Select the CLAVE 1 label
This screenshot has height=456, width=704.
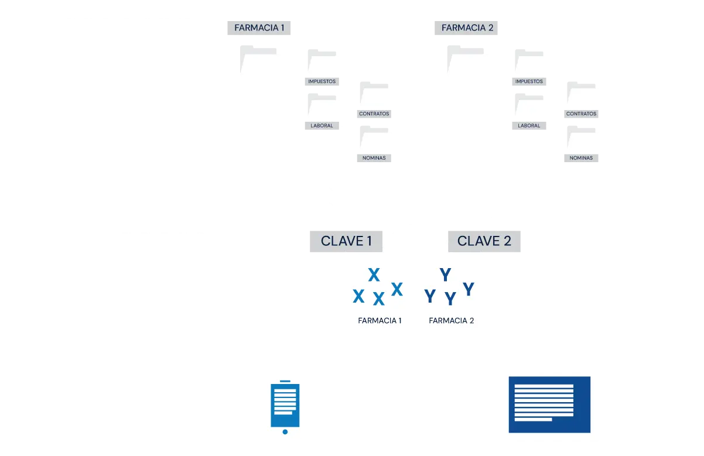347,241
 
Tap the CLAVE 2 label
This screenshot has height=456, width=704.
484,241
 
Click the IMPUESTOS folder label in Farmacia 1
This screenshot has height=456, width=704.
322,81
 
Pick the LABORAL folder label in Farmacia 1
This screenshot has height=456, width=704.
322,125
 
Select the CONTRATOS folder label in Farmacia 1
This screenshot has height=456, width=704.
374,114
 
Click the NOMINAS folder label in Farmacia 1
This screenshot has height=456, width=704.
374,157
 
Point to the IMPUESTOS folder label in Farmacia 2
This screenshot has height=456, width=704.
529,81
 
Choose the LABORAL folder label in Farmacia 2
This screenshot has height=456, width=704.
529,125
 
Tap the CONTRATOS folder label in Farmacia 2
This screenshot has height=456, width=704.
582,114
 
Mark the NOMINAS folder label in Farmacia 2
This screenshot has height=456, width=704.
581,157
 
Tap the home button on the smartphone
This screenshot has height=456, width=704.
285,432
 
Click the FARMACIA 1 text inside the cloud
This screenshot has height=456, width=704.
380,320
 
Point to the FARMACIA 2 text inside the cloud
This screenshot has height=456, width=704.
451,320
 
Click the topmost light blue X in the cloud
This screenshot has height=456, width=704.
374,274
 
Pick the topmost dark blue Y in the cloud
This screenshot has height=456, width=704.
445,275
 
